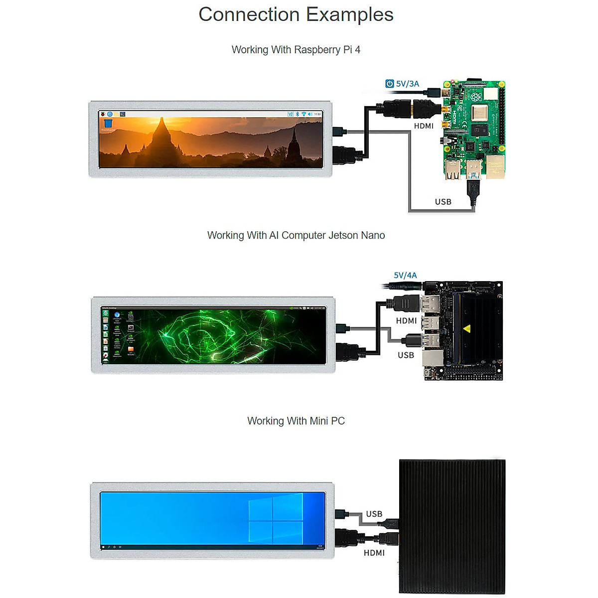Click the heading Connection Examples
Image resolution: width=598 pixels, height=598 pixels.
(x=296, y=14)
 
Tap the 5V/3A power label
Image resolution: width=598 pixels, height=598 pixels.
(x=407, y=84)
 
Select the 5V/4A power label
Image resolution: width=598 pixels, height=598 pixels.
(x=405, y=275)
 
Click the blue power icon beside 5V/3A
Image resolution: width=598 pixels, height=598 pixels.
(x=390, y=84)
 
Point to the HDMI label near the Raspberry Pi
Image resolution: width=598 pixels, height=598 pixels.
(x=424, y=126)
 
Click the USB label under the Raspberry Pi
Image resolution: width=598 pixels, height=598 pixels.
(x=443, y=202)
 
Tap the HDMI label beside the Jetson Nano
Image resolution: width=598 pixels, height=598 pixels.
(x=406, y=321)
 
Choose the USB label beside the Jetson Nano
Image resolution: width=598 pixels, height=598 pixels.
(x=406, y=355)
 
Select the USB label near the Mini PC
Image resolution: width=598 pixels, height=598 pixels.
(x=374, y=514)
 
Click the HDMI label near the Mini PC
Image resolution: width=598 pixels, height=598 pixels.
(x=374, y=553)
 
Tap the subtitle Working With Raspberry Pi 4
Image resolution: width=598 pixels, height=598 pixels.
(x=296, y=50)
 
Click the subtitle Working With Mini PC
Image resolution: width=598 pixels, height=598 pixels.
(x=296, y=421)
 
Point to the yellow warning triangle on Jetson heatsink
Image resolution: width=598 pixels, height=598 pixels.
(x=467, y=328)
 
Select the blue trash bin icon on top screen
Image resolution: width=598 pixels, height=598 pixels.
(x=108, y=123)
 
